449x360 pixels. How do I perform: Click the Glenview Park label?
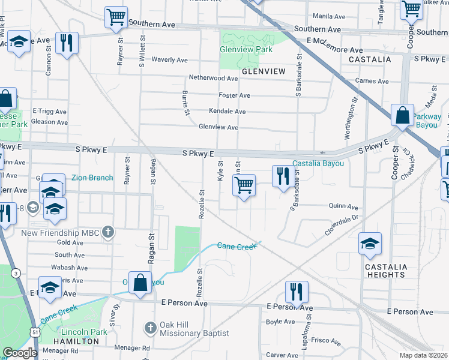click(x=246, y=50)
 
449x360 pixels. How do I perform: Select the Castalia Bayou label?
click(x=318, y=164)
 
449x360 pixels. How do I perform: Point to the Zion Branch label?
click(x=92, y=178)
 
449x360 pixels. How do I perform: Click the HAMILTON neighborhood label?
click(x=76, y=341)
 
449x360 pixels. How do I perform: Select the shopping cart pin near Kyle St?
click(x=244, y=185)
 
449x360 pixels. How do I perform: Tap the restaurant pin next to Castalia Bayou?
click(x=281, y=176)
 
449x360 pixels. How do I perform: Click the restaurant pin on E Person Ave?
click(x=297, y=292)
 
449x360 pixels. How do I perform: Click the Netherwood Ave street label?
click(x=214, y=78)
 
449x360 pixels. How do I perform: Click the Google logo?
click(x=19, y=353)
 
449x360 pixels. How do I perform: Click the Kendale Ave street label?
click(x=227, y=111)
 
